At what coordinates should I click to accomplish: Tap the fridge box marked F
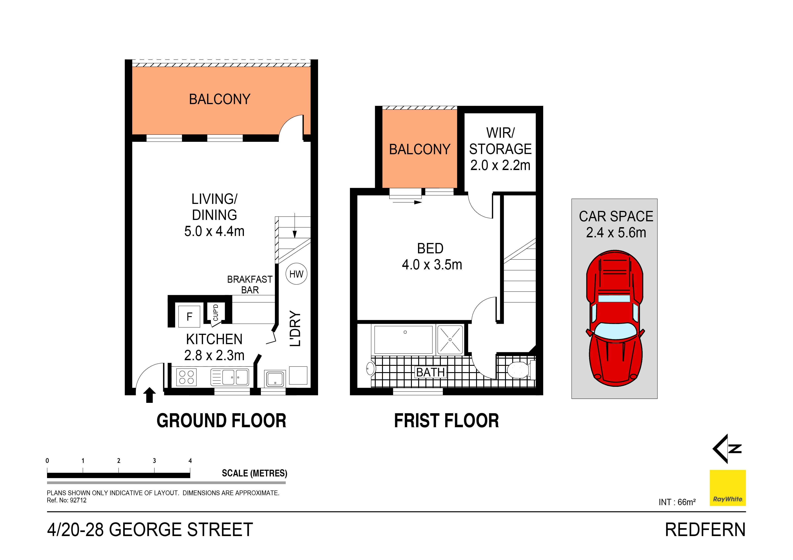[x=189, y=316]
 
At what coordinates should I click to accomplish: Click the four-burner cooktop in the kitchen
[x=186, y=377]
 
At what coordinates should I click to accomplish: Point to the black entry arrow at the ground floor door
[x=149, y=395]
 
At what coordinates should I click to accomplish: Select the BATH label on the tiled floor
[x=430, y=372]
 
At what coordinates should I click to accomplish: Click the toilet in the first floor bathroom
[x=519, y=370]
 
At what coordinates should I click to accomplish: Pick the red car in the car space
[x=615, y=318]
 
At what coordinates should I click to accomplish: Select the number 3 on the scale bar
[x=154, y=461]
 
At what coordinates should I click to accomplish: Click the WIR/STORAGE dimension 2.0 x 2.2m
[x=500, y=165]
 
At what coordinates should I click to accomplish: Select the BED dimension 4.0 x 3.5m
[x=432, y=265]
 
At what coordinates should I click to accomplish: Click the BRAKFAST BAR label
[x=250, y=284]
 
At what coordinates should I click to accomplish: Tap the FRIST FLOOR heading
[x=446, y=421]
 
